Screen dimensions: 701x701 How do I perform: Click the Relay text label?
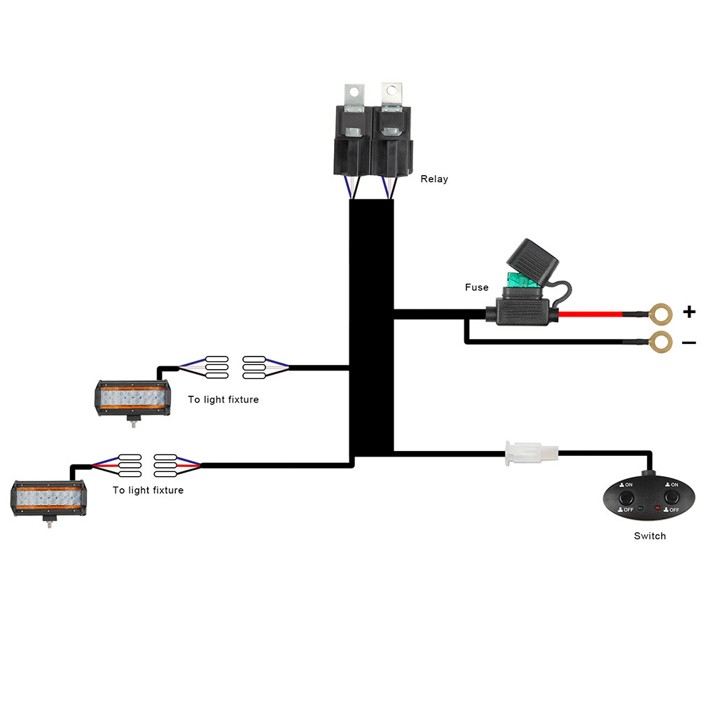click(x=433, y=179)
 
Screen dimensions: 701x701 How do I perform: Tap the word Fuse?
click(x=476, y=288)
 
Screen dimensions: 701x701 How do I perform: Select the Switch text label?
click(x=649, y=536)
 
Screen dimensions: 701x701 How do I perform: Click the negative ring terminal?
click(x=659, y=342)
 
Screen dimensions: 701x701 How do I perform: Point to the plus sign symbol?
click(x=689, y=312)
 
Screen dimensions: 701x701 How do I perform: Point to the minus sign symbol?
click(x=689, y=342)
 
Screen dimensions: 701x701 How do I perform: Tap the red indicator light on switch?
click(x=657, y=506)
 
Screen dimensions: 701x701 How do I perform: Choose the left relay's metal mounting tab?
click(x=355, y=95)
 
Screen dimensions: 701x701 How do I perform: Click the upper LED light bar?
click(x=132, y=397)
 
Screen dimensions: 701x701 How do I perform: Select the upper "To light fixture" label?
click(x=223, y=400)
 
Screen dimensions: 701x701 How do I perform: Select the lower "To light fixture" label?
click(x=148, y=490)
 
